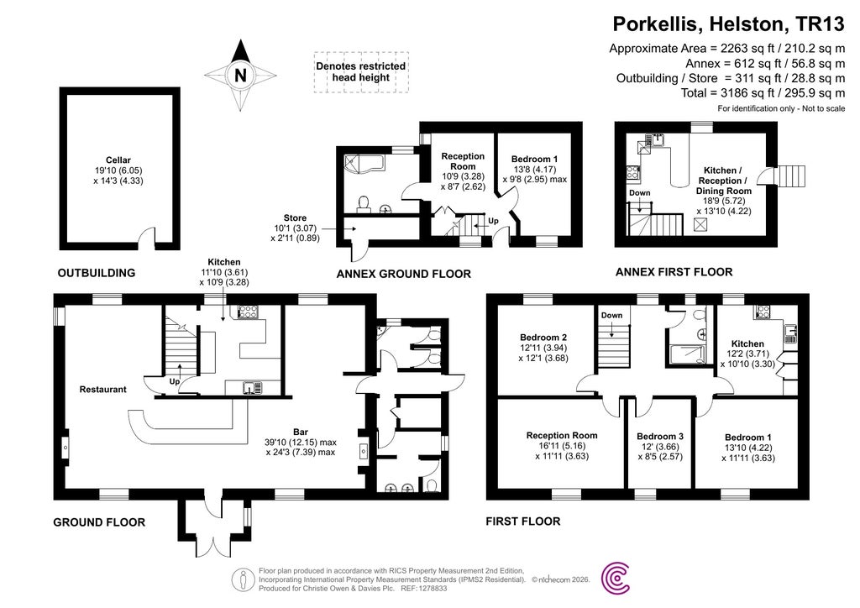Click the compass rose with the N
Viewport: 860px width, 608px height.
[x=242, y=76]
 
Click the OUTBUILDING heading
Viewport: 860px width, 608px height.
[x=96, y=273]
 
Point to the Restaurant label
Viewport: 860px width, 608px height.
[x=102, y=390]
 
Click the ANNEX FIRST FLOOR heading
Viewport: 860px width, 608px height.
[x=674, y=272]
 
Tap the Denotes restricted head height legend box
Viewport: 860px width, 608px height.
[x=360, y=71]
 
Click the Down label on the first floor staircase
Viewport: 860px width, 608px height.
[x=612, y=315]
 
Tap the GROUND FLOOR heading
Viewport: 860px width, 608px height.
[x=99, y=522]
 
